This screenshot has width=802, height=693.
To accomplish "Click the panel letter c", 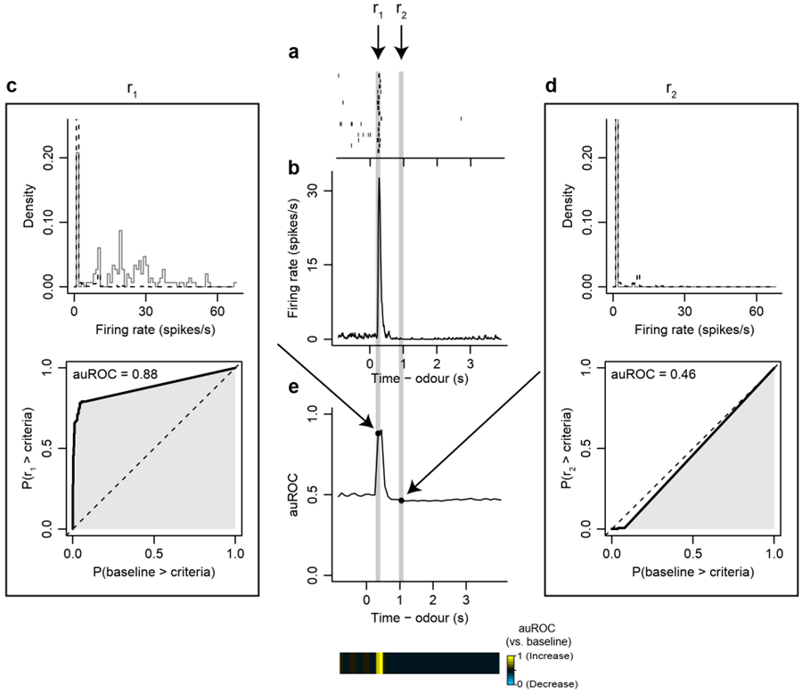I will [12, 86].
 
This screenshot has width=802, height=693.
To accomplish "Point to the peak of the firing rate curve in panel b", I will [379, 179].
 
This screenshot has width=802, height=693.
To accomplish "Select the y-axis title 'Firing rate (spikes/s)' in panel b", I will [291, 265].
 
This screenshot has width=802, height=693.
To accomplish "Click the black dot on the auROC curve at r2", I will [401, 501].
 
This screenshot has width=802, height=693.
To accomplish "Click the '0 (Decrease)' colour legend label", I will [546, 683].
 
